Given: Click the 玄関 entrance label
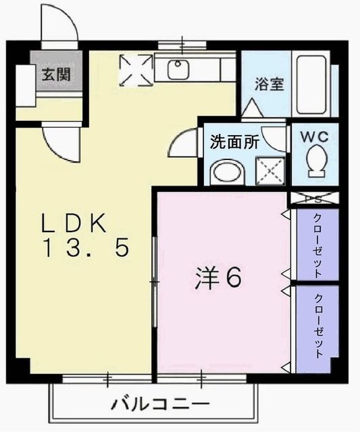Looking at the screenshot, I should point(57,75).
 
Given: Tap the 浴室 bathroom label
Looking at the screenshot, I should point(269,85).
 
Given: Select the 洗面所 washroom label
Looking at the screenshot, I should point(234,142).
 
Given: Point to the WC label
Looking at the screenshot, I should point(314,136).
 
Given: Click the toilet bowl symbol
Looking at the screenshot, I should point(316,163).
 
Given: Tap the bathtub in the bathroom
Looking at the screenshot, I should point(313,85).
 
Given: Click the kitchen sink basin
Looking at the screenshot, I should point(179,69).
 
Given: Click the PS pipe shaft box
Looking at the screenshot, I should point(313,199).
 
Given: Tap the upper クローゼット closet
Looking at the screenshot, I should point(317,245).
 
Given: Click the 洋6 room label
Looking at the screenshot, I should point(217,278).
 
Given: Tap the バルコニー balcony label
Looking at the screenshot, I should point(160,406).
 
